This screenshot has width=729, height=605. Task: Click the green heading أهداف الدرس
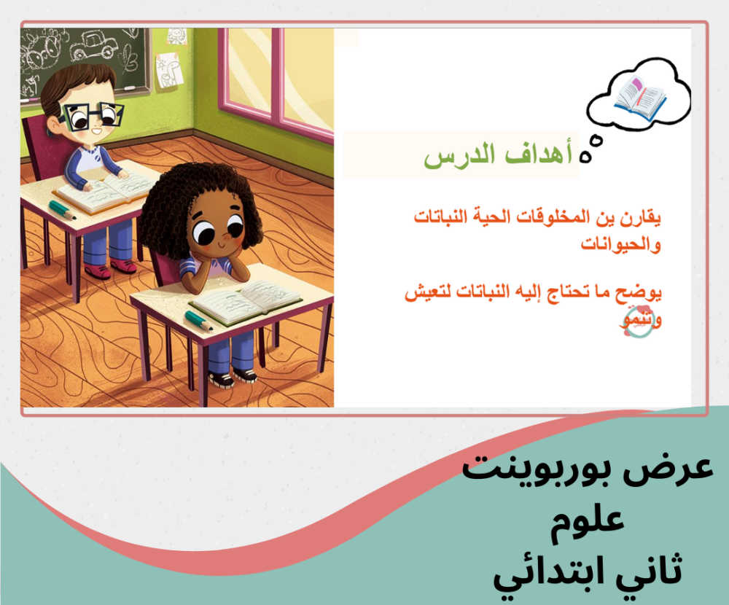click(x=498, y=155)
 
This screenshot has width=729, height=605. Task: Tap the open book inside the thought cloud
click(x=639, y=98)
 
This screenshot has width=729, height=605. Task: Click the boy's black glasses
click(x=94, y=116)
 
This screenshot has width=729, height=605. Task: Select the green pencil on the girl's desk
click(x=198, y=321)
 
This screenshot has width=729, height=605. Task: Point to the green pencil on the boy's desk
click(x=62, y=210)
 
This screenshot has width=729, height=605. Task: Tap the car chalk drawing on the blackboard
click(x=94, y=45)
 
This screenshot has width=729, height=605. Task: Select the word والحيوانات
click(x=620, y=243)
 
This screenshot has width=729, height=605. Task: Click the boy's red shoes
click(x=110, y=268)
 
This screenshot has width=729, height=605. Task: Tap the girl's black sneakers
click(x=233, y=377)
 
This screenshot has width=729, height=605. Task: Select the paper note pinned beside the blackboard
click(x=169, y=69)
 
